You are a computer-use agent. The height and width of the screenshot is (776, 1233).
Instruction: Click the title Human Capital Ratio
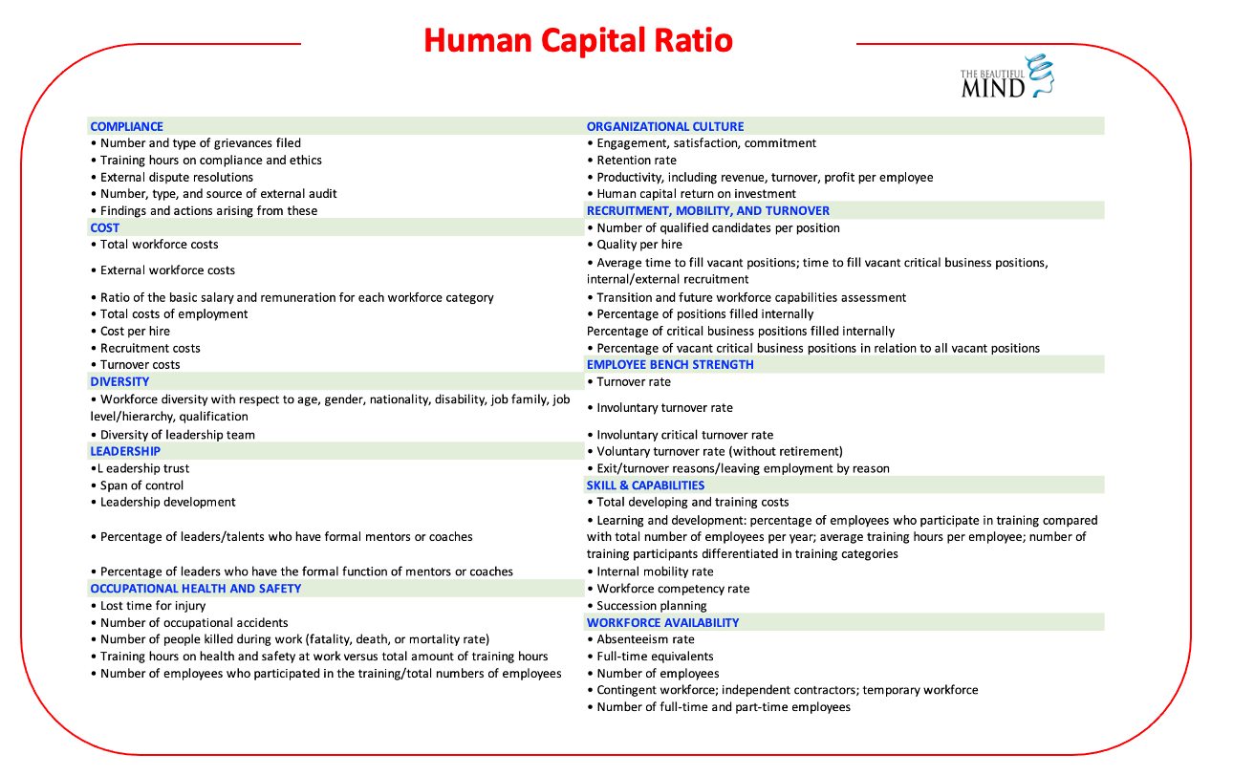(578, 41)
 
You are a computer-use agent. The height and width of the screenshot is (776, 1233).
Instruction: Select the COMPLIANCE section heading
(127, 126)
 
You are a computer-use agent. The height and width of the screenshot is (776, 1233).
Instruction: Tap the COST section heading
(105, 227)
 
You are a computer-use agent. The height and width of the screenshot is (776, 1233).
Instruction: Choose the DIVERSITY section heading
(119, 381)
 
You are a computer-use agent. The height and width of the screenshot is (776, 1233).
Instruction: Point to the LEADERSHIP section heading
(125, 451)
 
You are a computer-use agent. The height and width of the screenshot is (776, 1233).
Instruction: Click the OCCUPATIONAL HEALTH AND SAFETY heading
(196, 589)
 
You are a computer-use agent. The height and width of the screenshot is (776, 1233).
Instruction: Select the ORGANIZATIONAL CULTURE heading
(665, 126)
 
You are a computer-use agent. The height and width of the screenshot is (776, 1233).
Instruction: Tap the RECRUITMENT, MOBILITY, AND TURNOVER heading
(708, 210)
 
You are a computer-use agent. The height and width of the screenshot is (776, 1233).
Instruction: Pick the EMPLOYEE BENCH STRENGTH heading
(670, 364)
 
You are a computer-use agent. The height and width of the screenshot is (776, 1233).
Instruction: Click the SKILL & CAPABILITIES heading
(645, 485)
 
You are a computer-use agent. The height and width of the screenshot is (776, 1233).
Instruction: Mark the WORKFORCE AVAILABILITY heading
(663, 622)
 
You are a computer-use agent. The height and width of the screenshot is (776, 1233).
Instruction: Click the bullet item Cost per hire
(135, 331)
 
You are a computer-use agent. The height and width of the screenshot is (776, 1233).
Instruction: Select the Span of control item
(141, 485)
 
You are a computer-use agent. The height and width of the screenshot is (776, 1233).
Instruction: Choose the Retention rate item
(637, 160)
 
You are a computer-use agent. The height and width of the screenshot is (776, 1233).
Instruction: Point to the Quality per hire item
(639, 245)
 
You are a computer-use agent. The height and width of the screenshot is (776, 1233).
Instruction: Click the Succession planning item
(652, 606)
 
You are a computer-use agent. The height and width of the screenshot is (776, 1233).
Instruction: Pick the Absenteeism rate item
(645, 639)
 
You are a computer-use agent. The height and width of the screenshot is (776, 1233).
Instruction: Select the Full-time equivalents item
(655, 657)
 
